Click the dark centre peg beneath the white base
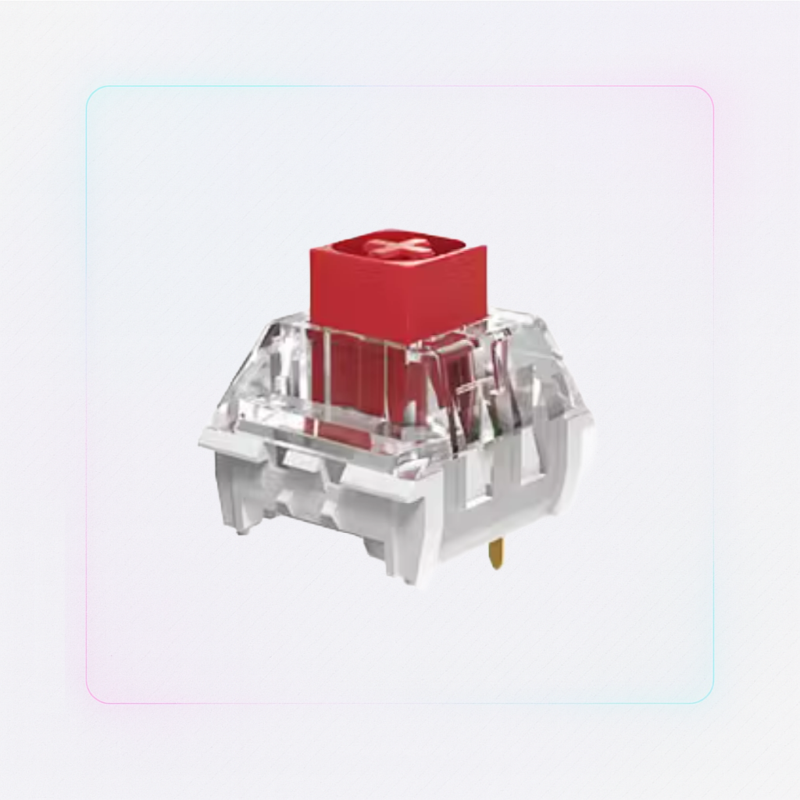375,547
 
